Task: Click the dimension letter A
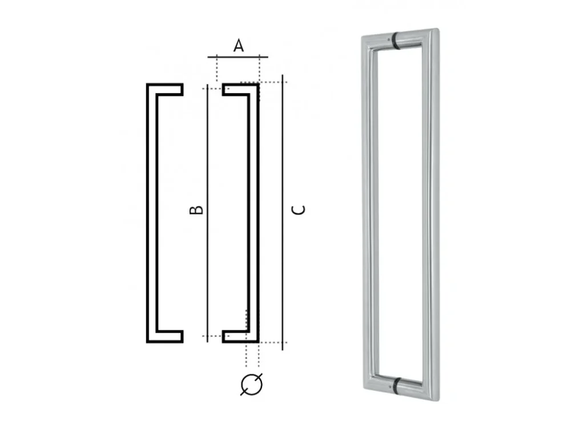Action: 239,46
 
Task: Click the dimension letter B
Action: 196,209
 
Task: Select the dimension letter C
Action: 298,210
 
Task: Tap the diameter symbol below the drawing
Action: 252,384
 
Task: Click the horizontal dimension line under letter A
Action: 238,57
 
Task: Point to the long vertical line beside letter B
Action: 207,213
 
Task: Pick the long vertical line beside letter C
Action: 283,212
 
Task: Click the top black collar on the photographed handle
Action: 395,41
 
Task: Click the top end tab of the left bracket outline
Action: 170,90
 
